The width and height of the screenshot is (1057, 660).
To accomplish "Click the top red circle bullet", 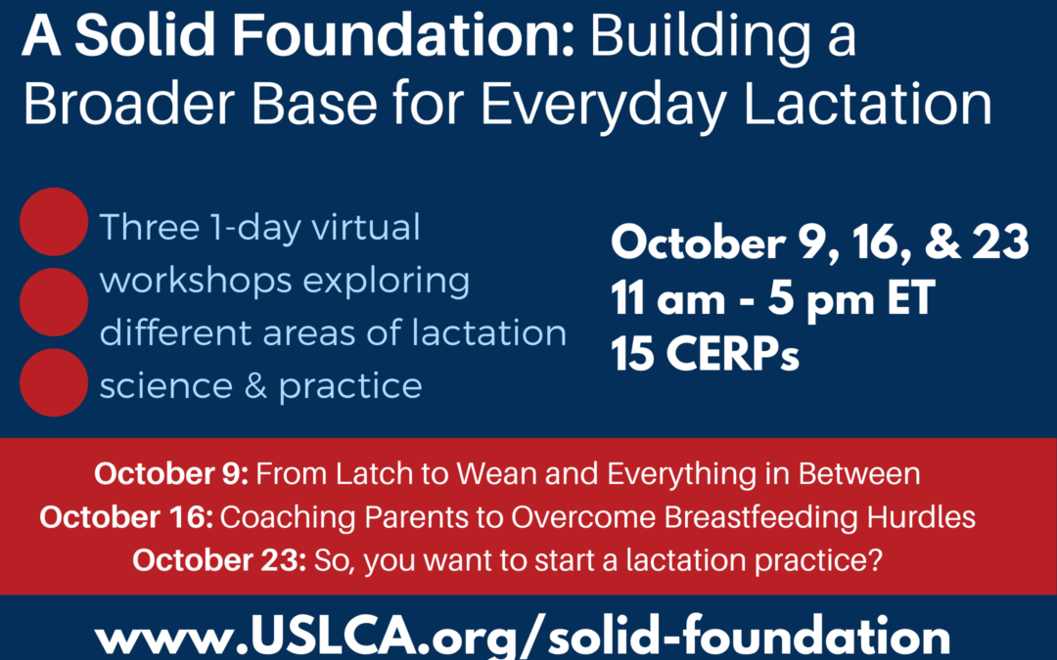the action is pyautogui.click(x=54, y=222).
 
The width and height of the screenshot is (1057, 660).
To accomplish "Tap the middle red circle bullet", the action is pyautogui.click(x=54, y=302).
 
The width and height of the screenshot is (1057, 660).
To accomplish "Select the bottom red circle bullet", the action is pyautogui.click(x=54, y=382).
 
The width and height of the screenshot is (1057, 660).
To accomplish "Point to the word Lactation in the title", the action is pyautogui.click(x=867, y=105).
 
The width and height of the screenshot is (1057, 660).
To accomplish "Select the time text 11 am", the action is pyautogui.click(x=668, y=298).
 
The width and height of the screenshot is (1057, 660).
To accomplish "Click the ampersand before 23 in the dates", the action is pyautogui.click(x=943, y=242).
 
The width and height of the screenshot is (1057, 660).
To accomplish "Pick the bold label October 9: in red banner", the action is pyautogui.click(x=171, y=473).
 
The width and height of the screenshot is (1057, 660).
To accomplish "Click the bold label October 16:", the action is pyautogui.click(x=126, y=517).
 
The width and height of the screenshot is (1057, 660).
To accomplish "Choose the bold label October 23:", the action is pyautogui.click(x=220, y=560).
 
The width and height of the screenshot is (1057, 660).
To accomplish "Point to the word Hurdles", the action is pyautogui.click(x=921, y=517).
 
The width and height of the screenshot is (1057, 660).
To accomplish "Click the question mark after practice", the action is pyautogui.click(x=875, y=560).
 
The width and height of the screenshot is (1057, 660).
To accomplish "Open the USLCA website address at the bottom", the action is pyautogui.click(x=523, y=636).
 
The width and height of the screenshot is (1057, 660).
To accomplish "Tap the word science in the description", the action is pyautogui.click(x=166, y=385).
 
